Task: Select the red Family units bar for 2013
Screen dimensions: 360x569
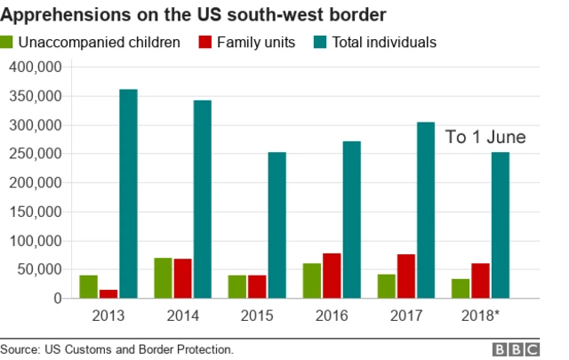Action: [x=108, y=293]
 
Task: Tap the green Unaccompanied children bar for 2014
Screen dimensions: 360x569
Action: [x=163, y=277]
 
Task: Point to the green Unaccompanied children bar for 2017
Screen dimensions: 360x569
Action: [x=386, y=285]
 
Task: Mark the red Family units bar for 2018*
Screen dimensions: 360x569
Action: [x=481, y=280]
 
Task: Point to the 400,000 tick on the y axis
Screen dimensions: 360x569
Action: [x=35, y=68]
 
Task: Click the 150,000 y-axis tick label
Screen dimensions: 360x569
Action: [x=35, y=212]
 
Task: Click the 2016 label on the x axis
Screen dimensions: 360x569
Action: [x=332, y=316]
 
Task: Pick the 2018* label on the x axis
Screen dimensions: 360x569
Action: [x=481, y=316]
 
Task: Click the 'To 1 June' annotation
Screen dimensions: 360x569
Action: [x=485, y=137]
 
